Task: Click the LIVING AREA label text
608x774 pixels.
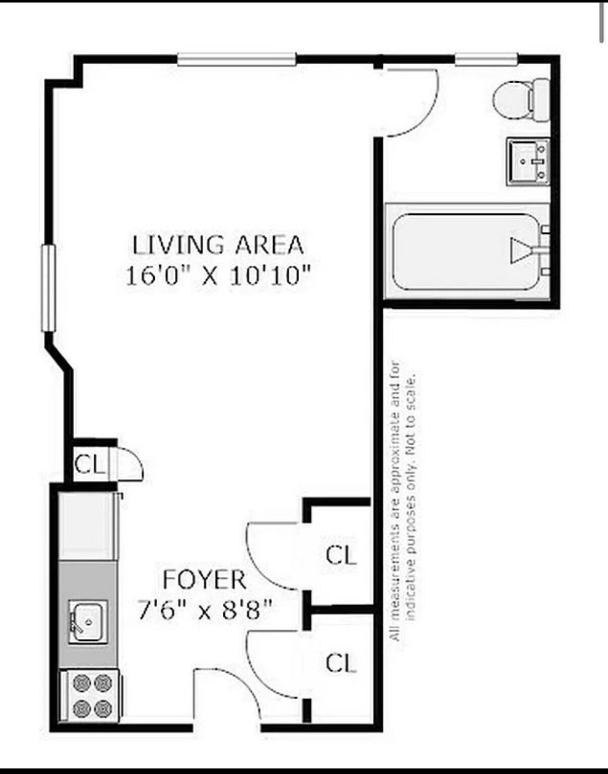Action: [x=217, y=245]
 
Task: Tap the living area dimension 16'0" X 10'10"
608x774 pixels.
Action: [x=217, y=276]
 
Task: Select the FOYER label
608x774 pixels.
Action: [x=205, y=580]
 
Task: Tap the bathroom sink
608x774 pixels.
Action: [x=527, y=162]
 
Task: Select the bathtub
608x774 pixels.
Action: [x=466, y=251]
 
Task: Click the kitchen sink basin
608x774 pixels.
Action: [x=88, y=621]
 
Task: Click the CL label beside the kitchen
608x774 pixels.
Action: [x=89, y=464]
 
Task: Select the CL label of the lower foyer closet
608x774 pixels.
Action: [x=341, y=663]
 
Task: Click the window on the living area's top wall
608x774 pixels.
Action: [x=236, y=59]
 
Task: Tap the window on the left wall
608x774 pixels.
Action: [x=48, y=287]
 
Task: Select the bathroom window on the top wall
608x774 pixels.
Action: [x=486, y=59]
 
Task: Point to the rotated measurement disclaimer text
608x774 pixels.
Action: [x=403, y=502]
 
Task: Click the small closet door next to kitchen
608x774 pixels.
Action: [x=129, y=464]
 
